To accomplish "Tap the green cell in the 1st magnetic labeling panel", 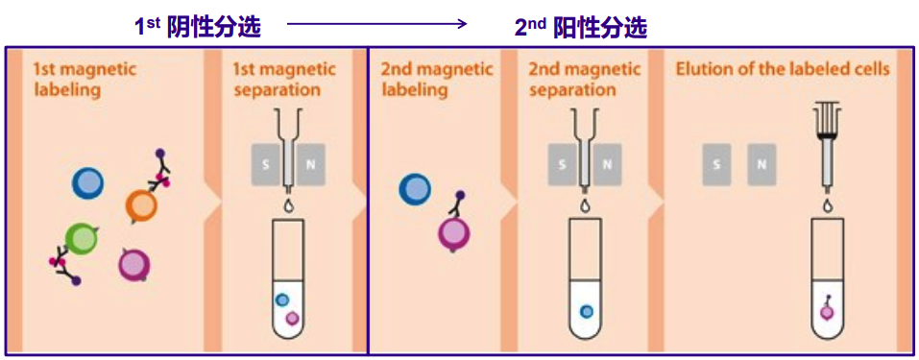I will (x=82, y=239).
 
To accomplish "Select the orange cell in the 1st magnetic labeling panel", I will (x=141, y=204).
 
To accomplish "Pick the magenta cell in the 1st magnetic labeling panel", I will (x=133, y=264).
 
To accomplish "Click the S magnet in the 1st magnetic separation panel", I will (x=263, y=164).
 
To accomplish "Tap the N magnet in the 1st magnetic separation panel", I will (x=309, y=164).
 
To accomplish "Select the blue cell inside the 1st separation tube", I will (x=281, y=300).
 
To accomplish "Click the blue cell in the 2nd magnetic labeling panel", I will (x=415, y=189).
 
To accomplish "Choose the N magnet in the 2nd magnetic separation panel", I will (x=607, y=164).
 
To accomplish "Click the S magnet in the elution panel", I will (x=715, y=164).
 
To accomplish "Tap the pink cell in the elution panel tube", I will (x=826, y=311).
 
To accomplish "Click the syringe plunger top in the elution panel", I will (x=825, y=106).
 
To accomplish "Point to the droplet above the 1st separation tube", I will (x=287, y=206).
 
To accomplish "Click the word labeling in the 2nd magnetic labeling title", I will (x=415, y=90).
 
